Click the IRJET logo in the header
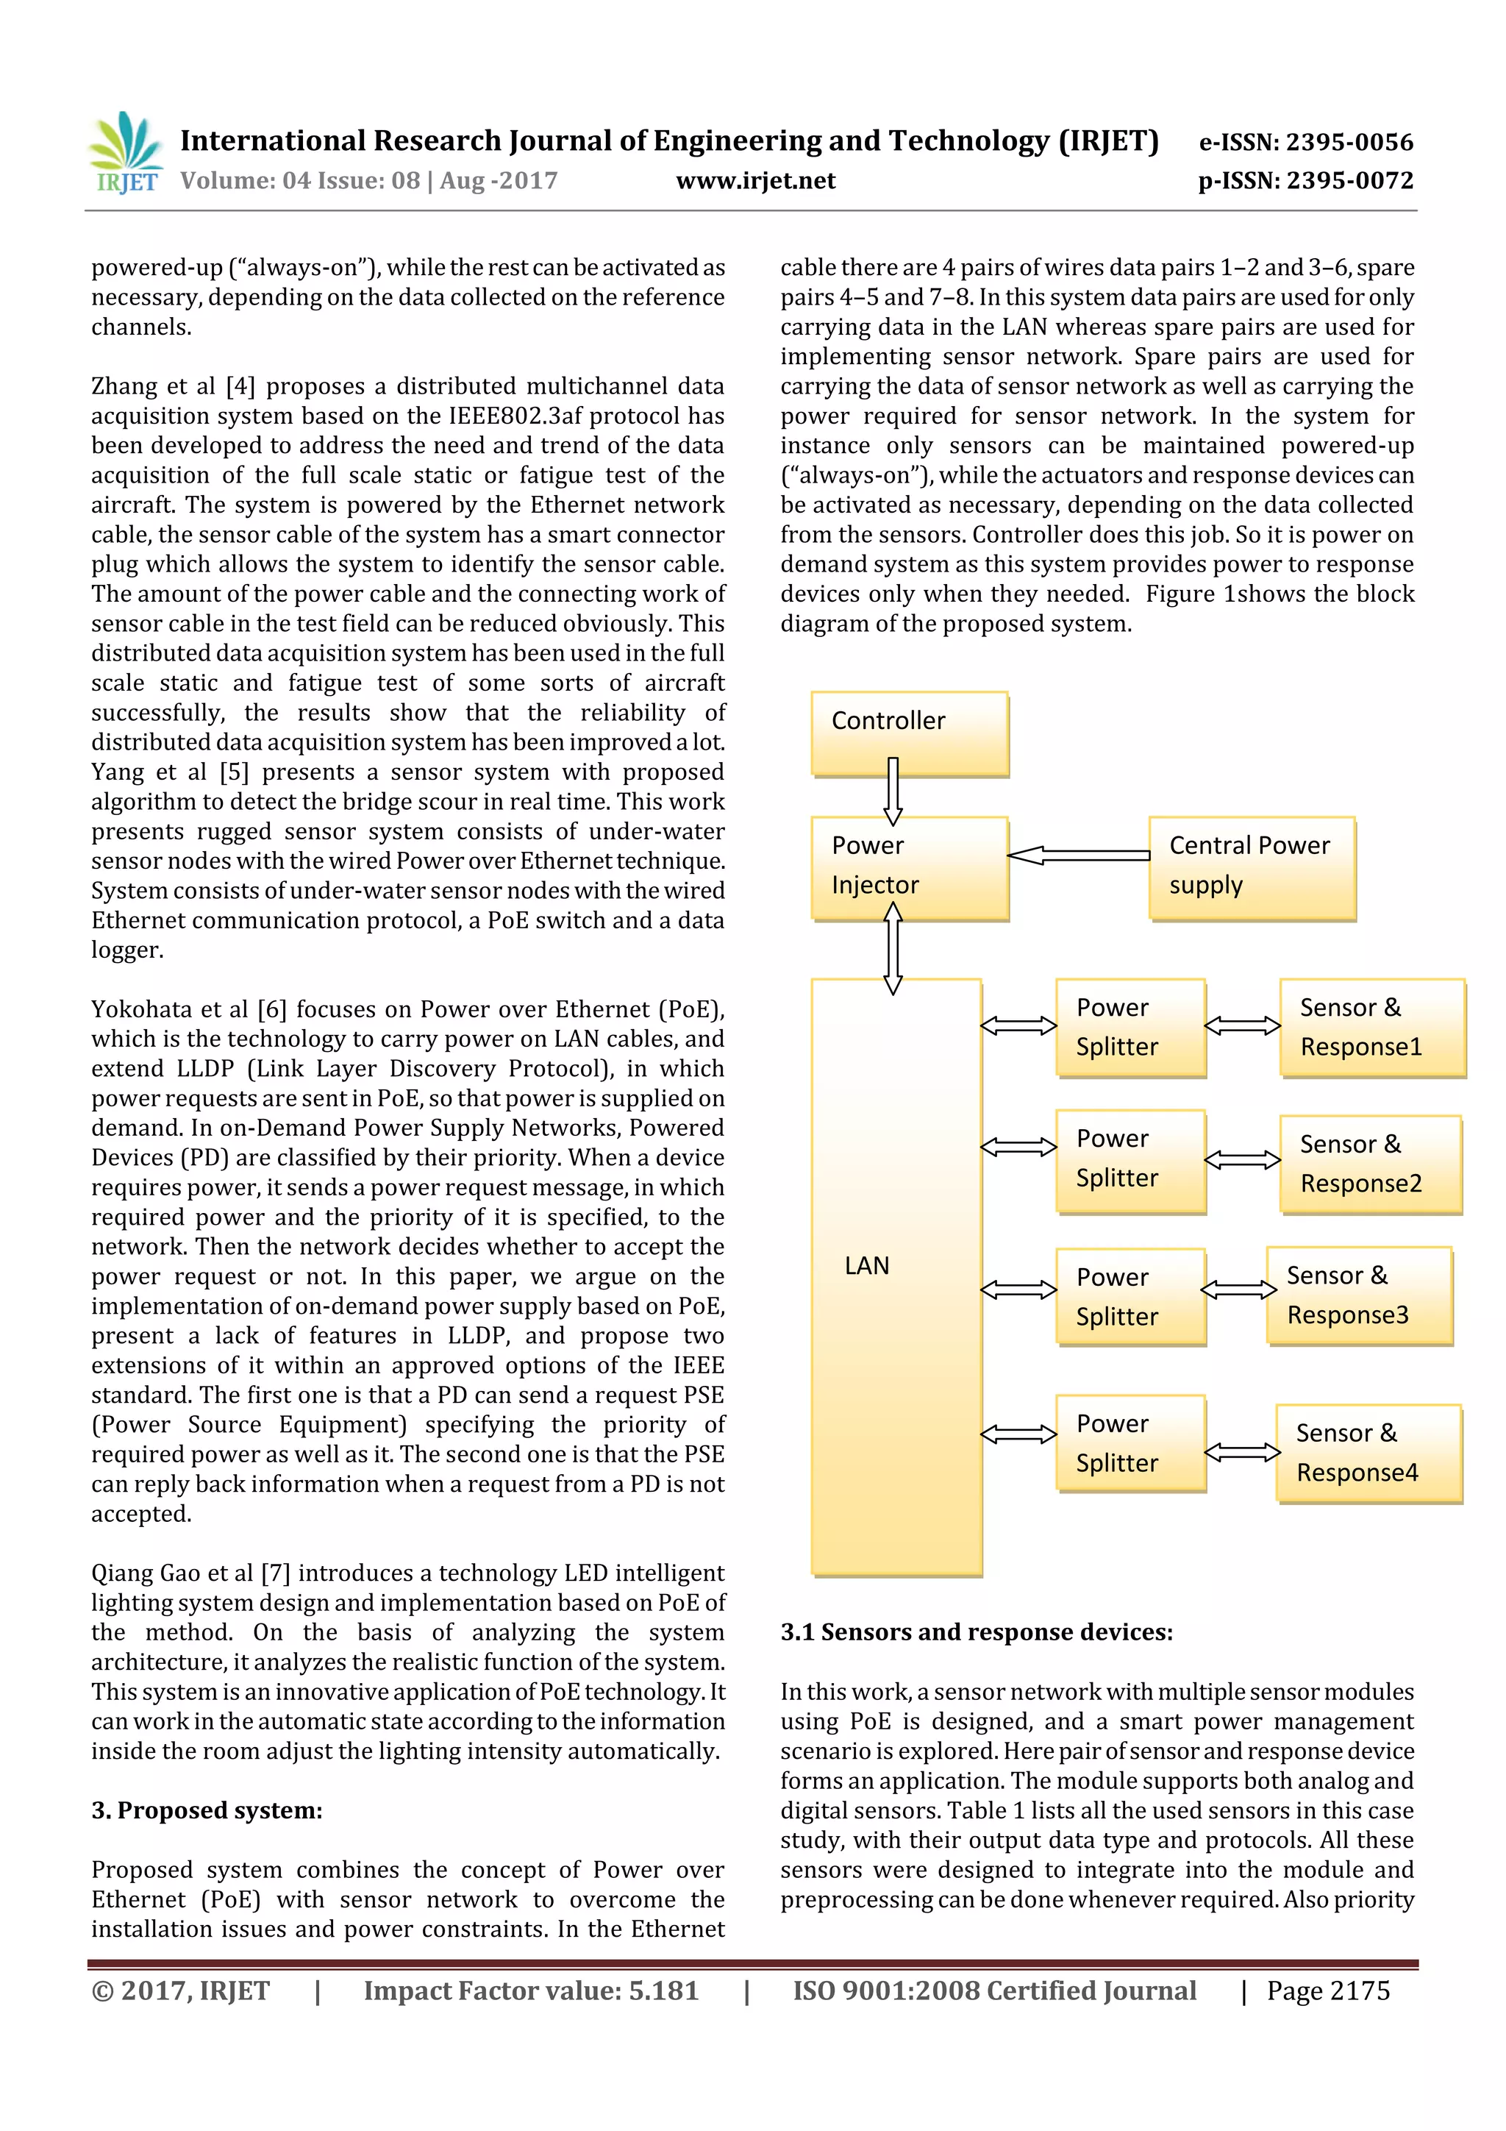click(x=124, y=153)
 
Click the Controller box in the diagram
click(x=910, y=733)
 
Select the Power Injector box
click(x=910, y=868)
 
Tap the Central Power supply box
click(x=1252, y=868)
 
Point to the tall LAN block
click(x=896, y=1276)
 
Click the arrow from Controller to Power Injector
click(x=893, y=791)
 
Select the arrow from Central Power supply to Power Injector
click(x=1078, y=855)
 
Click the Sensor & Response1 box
click(x=1371, y=1028)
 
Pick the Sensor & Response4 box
click(x=1368, y=1453)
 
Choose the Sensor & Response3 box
click(x=1358, y=1295)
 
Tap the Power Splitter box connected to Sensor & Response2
click(x=1130, y=1161)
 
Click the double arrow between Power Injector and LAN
click(x=893, y=949)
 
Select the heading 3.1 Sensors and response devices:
click(x=976, y=1632)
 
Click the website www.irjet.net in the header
click(x=755, y=181)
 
